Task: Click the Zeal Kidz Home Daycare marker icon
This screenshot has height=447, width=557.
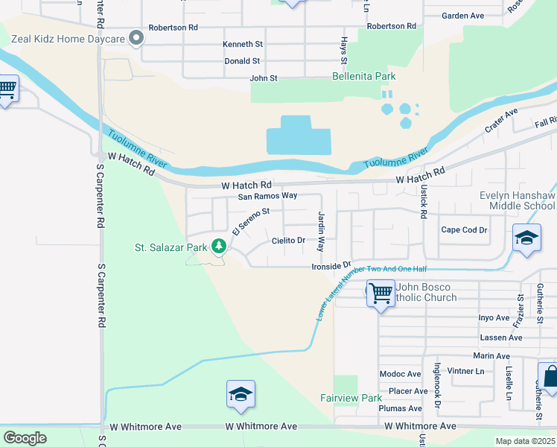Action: (x=136, y=37)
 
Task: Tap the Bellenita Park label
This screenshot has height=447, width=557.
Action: (x=363, y=77)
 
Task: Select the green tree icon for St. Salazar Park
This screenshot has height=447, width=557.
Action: (x=218, y=246)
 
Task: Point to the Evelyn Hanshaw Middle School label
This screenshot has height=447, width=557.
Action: (x=517, y=200)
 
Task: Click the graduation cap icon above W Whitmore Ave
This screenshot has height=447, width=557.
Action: (x=241, y=395)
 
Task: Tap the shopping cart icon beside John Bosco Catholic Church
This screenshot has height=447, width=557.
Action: (x=381, y=294)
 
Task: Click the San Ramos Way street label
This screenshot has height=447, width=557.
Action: (x=267, y=196)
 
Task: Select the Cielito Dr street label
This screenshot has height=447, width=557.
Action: (x=288, y=240)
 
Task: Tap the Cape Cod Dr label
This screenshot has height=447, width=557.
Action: (x=464, y=230)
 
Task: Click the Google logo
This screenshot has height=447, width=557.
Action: (x=25, y=438)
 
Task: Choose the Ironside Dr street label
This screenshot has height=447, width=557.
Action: (x=331, y=266)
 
